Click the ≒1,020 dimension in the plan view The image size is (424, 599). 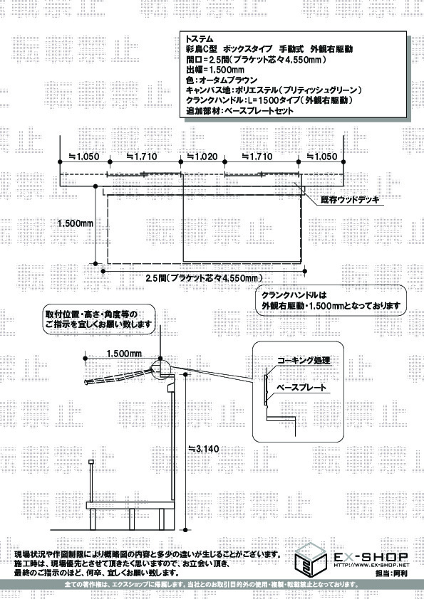click(202, 157)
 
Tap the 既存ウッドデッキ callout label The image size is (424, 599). click(350, 200)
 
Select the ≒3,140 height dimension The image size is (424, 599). click(204, 448)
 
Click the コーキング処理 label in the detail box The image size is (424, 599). click(304, 360)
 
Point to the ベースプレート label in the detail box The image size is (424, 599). click(301, 388)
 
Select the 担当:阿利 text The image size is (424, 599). click(391, 573)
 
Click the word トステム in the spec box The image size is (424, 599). click(199, 38)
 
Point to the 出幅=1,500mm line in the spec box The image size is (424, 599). click(215, 70)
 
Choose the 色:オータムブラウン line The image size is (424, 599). click(222, 80)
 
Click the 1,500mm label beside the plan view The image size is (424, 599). click(76, 223)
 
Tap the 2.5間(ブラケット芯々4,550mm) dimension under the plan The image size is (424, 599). click(204, 277)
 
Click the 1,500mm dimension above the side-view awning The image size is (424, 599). click(124, 354)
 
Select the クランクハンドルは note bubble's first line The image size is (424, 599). click(294, 295)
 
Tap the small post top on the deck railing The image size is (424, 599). click(91, 462)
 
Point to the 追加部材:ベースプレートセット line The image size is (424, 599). click(239, 111)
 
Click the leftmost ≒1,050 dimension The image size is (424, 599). click(84, 157)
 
